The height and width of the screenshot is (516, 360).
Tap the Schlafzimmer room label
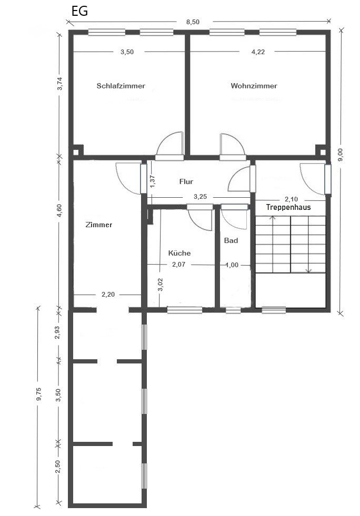[x=121, y=86]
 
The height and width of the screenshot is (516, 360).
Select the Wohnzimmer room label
[x=254, y=86]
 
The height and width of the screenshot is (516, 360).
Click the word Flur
[x=186, y=181]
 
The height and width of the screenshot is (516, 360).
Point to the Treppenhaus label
[x=288, y=207]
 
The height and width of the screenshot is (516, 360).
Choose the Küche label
[x=179, y=253]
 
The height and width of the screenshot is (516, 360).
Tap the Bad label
[x=231, y=240]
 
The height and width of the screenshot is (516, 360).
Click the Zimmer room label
[x=98, y=225]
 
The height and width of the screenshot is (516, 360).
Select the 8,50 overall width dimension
[x=193, y=22]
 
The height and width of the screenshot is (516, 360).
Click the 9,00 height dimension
[x=341, y=154]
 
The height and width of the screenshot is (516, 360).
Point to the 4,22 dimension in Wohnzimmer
[x=258, y=52]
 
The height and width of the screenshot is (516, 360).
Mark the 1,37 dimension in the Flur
[x=152, y=181]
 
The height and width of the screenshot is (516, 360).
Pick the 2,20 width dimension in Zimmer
[x=108, y=295]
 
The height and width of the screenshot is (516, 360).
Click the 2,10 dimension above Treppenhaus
[x=291, y=199]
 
